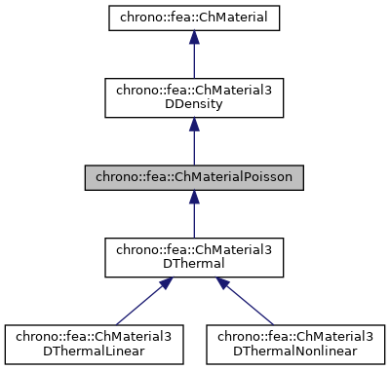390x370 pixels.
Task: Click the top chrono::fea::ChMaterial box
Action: coord(194,17)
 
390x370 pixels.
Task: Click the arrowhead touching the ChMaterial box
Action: coord(194,36)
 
